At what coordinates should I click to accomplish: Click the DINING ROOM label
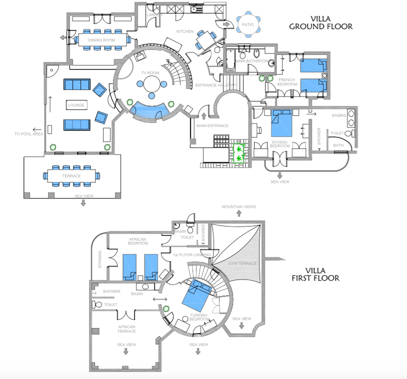tap(101, 40)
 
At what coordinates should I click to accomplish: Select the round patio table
tap(247, 24)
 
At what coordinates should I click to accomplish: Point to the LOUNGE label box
tap(76, 105)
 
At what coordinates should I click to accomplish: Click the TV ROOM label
tap(149, 73)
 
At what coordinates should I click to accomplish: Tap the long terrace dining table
tap(72, 176)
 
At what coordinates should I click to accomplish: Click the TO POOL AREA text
tap(28, 134)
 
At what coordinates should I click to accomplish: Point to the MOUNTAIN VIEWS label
tap(239, 206)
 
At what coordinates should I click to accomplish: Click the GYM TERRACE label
tap(242, 263)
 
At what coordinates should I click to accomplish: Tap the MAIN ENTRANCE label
tap(212, 126)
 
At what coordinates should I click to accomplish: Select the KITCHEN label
tap(184, 31)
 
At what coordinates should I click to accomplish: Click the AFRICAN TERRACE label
tap(126, 328)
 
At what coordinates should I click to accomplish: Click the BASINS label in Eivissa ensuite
tap(339, 115)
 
